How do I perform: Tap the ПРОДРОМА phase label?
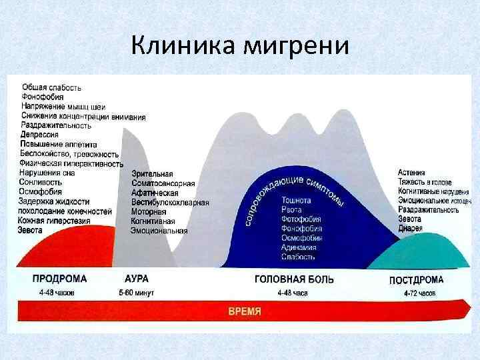coord(59,279)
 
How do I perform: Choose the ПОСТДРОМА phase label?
coord(416,279)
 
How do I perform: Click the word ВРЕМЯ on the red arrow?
coord(245,311)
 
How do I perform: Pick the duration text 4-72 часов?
coord(420,293)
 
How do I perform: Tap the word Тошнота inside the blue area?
coord(296,199)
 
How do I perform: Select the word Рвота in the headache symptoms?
coord(291,209)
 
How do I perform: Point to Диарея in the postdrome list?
coord(411,228)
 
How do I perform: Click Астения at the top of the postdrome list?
coord(412,173)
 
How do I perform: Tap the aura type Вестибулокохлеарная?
coord(170,203)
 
